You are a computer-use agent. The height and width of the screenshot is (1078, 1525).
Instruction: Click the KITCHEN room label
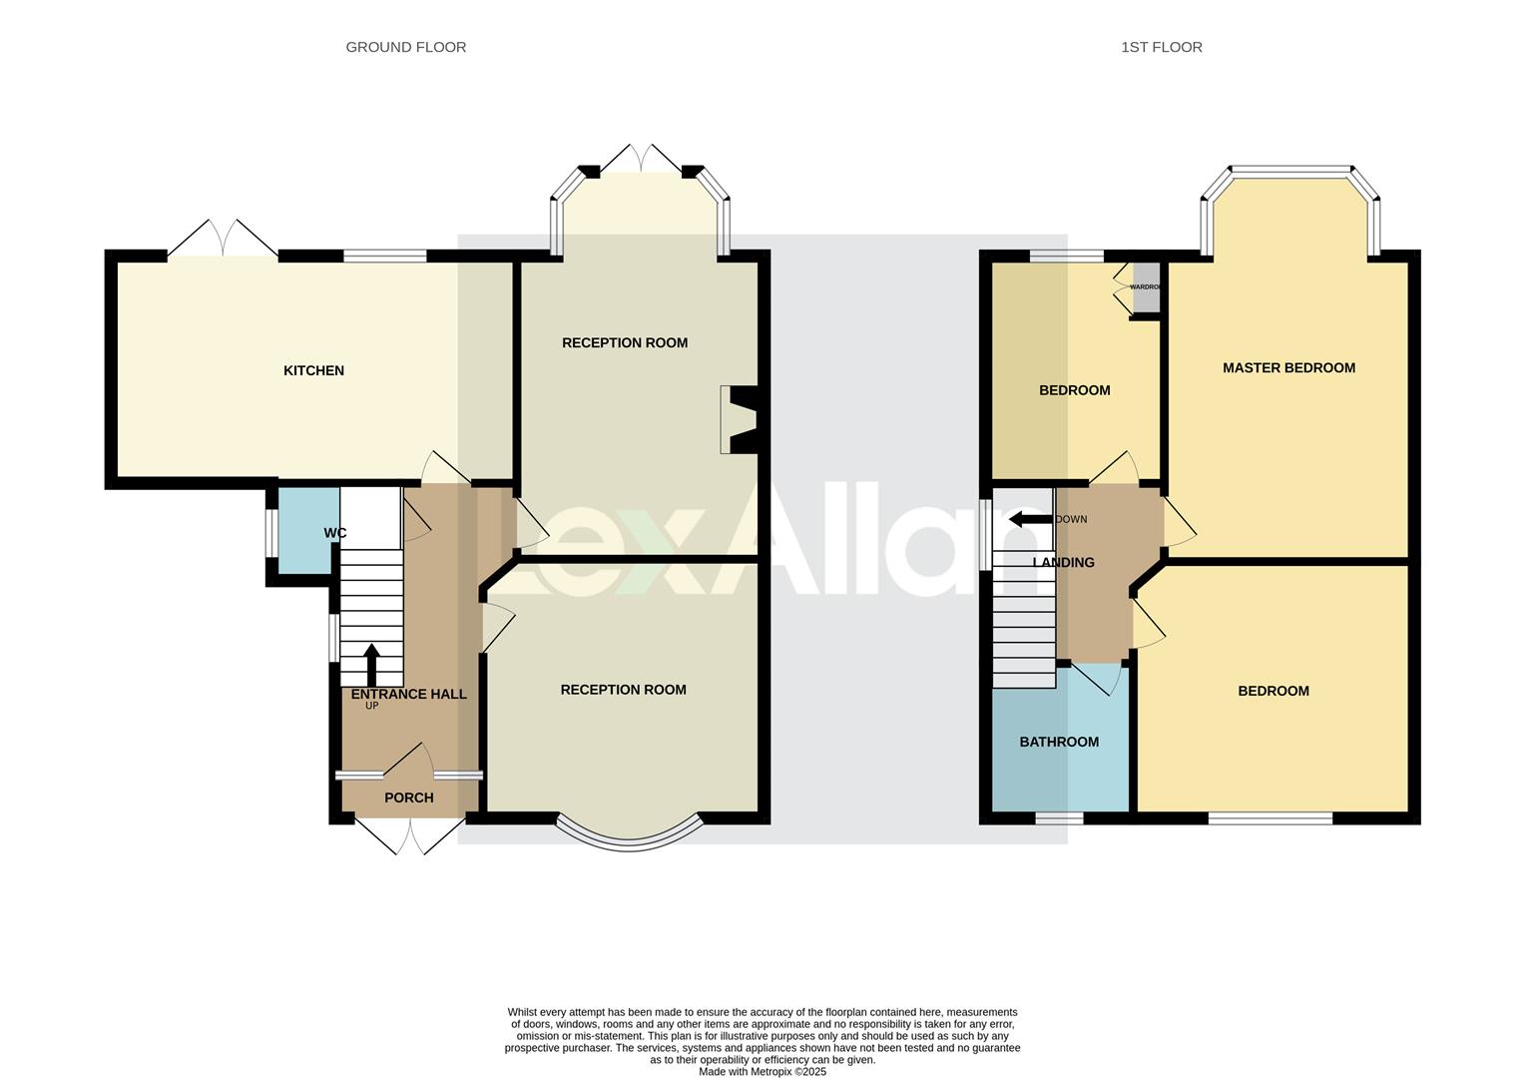[x=313, y=370]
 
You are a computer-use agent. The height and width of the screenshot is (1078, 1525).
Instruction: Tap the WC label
[x=334, y=533]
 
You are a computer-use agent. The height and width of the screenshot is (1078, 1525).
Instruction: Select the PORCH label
[x=408, y=798]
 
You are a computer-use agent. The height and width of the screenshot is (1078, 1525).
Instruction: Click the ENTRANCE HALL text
[x=408, y=694]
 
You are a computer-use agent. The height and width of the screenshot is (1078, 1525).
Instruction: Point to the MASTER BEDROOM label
[x=1288, y=367]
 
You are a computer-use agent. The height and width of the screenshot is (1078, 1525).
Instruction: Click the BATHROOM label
[x=1059, y=742]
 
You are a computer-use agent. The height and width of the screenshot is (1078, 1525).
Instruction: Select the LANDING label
[x=1063, y=562]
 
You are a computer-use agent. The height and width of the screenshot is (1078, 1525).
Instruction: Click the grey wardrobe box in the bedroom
[x=1146, y=287]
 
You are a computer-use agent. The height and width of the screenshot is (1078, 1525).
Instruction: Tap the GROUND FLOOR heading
[x=405, y=47]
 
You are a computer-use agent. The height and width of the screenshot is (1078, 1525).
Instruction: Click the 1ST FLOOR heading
[x=1161, y=47]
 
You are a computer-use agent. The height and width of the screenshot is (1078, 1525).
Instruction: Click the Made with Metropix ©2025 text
[x=762, y=1071]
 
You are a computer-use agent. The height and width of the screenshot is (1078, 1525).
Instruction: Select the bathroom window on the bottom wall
[x=1059, y=818]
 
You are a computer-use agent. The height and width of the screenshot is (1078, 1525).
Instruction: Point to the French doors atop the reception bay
[x=640, y=160]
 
